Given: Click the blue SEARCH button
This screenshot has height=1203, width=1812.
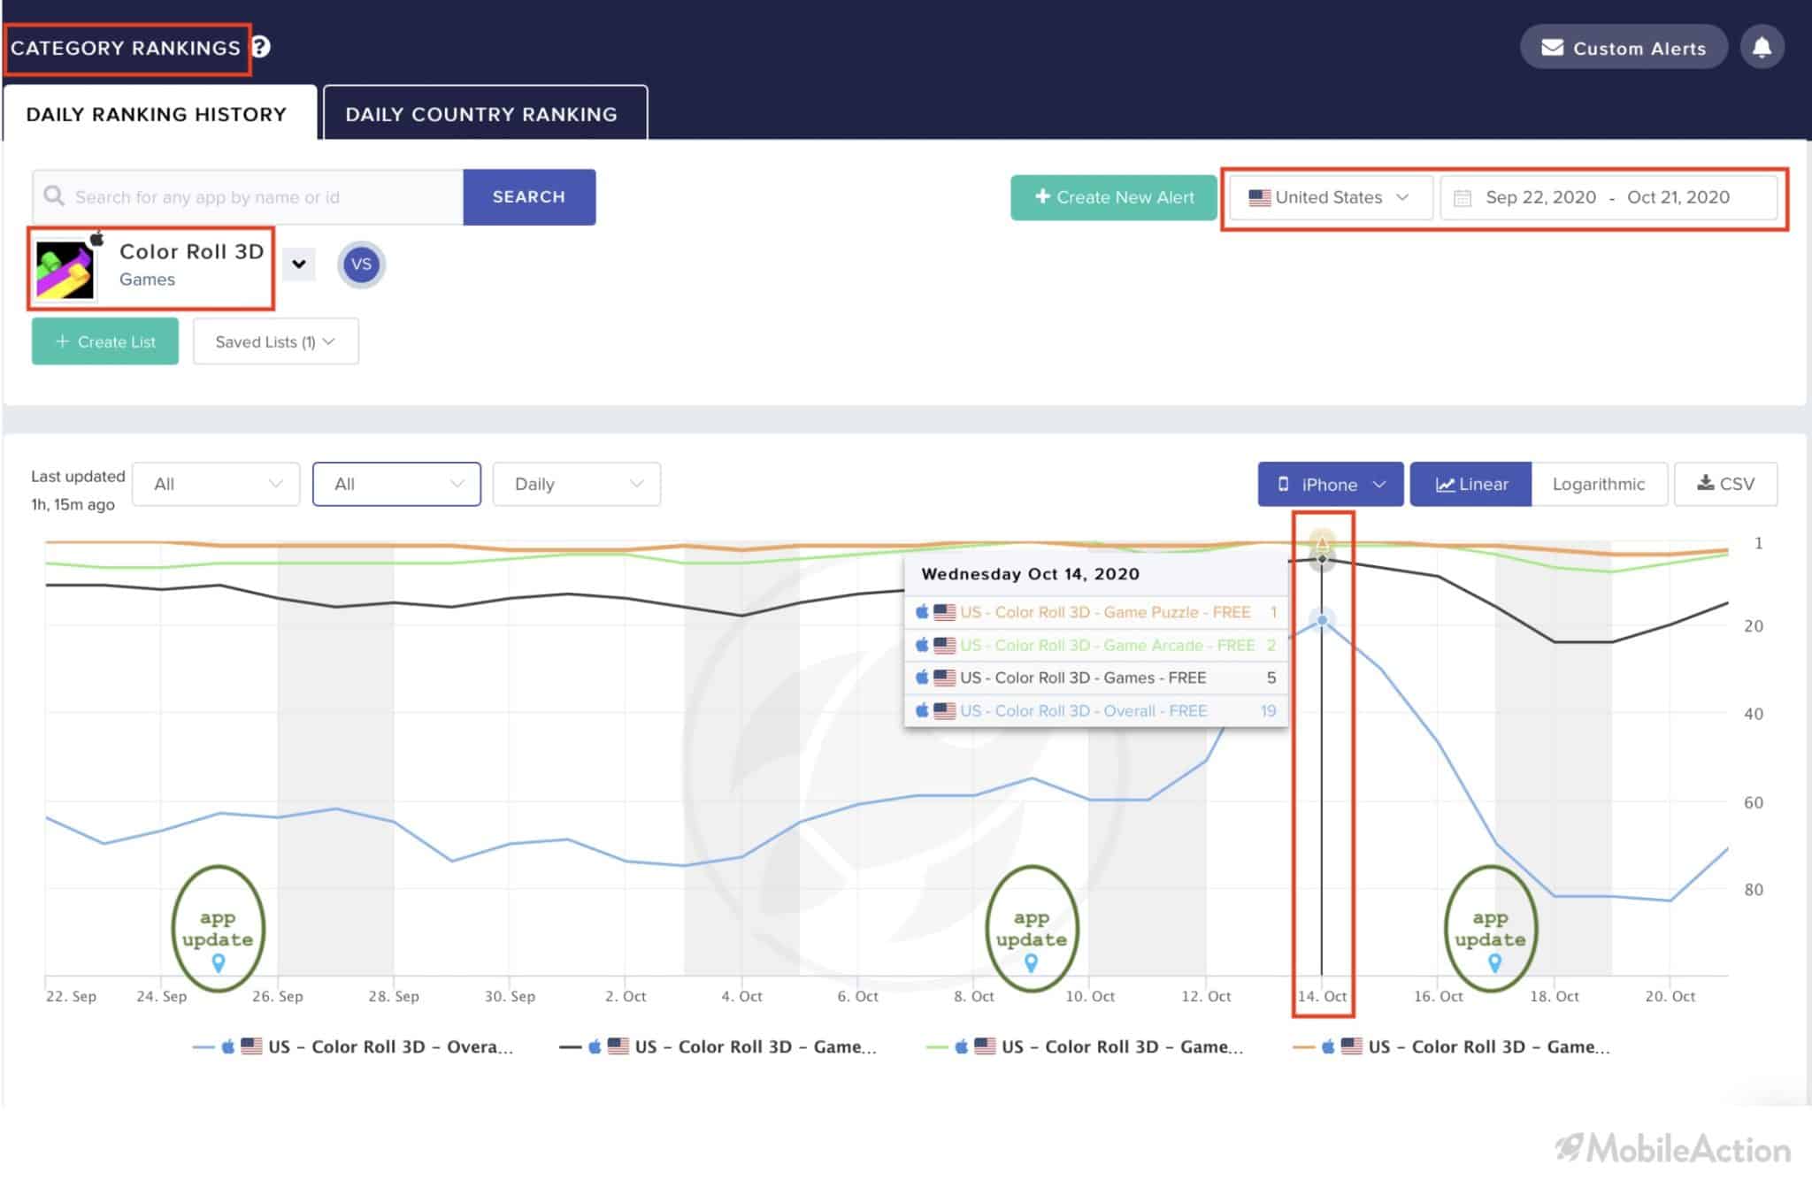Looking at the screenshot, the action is (529, 196).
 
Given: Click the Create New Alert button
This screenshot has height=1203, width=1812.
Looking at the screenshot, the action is (1114, 197).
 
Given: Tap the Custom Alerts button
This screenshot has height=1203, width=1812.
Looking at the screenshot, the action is (1624, 47).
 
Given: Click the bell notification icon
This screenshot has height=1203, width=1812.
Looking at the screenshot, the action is (1762, 47).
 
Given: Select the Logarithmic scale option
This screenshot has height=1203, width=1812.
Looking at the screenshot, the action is (1599, 484).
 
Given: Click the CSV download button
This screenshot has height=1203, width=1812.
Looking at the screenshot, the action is (1725, 484).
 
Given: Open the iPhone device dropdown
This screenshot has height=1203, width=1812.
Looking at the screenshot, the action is (1331, 484).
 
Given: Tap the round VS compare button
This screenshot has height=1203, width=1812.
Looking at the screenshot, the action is (361, 264).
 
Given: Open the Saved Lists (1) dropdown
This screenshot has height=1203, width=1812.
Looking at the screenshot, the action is (275, 341).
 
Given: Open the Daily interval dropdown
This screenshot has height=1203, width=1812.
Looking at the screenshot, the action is (576, 484).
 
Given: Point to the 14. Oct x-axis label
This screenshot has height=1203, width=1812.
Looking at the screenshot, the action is (1322, 996).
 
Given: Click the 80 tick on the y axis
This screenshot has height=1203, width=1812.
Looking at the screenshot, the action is (1753, 890).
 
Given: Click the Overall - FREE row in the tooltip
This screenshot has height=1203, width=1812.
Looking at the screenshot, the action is (1095, 710).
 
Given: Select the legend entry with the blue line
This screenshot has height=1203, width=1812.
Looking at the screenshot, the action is (353, 1046).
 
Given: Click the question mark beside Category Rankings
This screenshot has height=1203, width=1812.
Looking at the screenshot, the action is (261, 47).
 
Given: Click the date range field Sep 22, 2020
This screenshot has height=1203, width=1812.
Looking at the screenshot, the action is (1540, 197).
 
